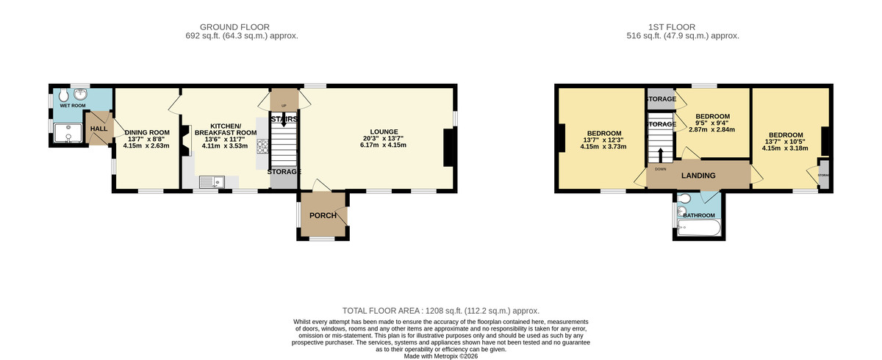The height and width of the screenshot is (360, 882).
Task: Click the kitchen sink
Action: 212,180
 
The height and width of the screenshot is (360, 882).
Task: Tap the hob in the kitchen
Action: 262,154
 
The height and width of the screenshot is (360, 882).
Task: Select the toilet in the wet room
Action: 63,96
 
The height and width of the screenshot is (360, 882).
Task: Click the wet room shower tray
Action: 68,133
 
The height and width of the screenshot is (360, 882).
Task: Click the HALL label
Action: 98,129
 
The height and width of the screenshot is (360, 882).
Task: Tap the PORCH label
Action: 322,215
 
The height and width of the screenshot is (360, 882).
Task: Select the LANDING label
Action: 698,176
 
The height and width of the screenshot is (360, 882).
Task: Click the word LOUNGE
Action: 383,131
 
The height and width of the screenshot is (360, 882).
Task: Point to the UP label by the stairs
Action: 284,95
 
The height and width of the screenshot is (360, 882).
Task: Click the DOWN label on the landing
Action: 660,168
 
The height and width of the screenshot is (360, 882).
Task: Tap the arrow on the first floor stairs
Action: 660,155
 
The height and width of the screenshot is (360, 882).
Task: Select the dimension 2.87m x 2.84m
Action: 712,130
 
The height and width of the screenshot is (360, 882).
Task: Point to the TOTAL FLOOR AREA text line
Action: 440,311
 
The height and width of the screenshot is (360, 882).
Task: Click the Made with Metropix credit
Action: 440,356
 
